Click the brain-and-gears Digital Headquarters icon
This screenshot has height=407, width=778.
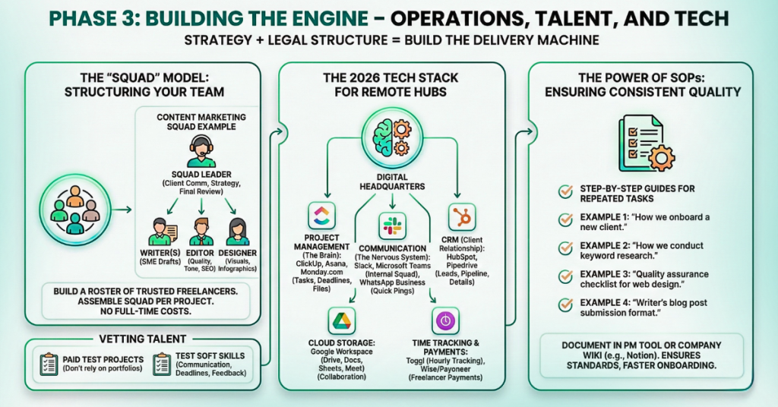(x=391, y=136)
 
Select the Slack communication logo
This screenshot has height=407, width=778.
(x=392, y=226)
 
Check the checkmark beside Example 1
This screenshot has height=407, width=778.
(x=565, y=220)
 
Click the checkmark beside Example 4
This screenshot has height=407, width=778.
(x=565, y=304)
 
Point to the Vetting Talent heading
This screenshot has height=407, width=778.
(x=142, y=339)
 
